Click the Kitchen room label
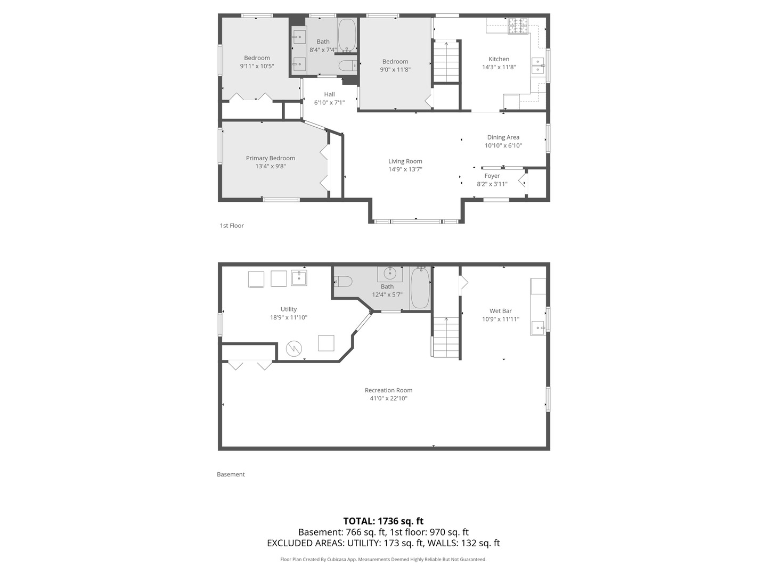pos(499,59)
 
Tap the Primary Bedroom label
pos(270,158)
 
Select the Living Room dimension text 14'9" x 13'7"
pos(405,169)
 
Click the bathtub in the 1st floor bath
pos(347,35)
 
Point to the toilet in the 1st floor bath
pos(348,65)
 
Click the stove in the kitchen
pos(518,26)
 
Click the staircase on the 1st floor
pos(446,61)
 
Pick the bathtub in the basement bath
pos(420,288)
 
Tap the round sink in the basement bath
pos(390,274)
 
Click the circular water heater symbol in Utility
pos(293,349)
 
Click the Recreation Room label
pos(388,390)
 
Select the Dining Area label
pos(503,137)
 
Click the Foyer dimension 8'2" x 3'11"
pos(492,184)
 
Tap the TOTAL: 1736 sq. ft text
pos(383,521)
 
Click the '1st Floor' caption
pos(232,226)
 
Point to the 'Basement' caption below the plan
pos(231,474)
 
